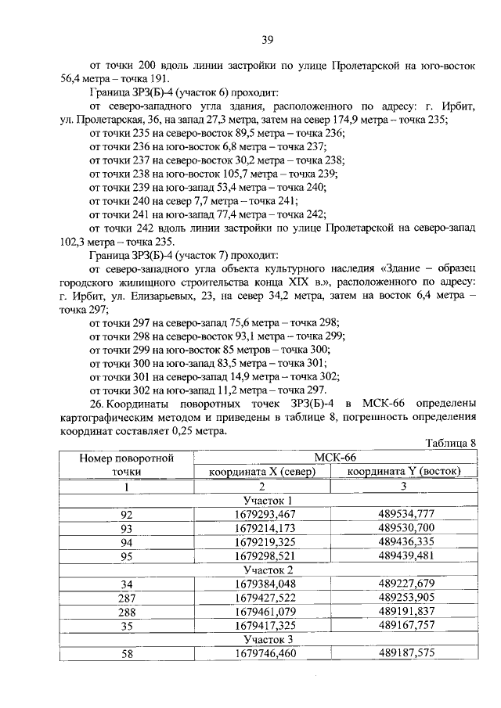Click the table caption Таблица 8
[x=450, y=443]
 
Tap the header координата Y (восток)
[x=404, y=472]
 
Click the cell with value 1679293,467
[x=265, y=514]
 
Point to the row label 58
[x=127, y=653]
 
